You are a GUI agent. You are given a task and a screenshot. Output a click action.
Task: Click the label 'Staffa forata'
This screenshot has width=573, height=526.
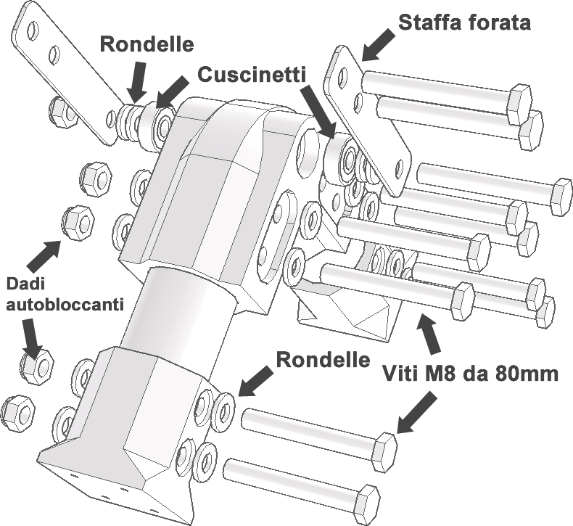464,22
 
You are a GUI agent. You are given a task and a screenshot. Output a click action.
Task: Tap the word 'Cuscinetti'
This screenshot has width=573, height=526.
252,75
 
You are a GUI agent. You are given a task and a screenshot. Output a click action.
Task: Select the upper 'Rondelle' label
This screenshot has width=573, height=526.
147,44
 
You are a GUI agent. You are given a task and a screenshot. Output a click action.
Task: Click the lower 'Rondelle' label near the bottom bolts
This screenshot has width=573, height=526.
323,360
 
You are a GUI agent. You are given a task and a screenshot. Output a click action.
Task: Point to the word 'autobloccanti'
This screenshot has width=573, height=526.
65,304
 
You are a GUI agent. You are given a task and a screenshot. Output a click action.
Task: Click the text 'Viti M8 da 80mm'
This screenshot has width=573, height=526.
471,374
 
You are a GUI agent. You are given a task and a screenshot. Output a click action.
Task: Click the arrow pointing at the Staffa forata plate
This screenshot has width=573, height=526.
378,44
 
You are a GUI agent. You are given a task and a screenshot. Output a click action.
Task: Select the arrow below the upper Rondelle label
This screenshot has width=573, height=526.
138,81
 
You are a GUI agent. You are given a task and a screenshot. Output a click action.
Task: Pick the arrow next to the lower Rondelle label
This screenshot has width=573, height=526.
256,382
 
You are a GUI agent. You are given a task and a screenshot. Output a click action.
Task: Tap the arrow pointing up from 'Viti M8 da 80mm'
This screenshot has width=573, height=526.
429,332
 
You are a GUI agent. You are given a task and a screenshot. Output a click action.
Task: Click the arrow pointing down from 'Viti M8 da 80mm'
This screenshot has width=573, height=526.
416,412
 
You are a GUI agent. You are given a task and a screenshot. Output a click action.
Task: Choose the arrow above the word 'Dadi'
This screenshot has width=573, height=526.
44,257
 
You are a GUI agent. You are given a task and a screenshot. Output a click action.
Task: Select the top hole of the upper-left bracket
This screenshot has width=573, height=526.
32,30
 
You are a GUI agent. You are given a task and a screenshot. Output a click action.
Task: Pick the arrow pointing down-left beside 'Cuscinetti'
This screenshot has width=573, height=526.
173,91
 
